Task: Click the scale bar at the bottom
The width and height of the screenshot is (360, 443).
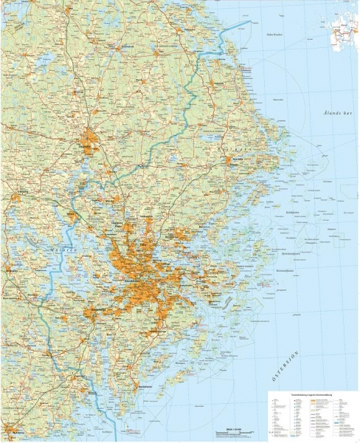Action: point(232,430)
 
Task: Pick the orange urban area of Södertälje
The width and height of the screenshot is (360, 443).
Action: point(90,314)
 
